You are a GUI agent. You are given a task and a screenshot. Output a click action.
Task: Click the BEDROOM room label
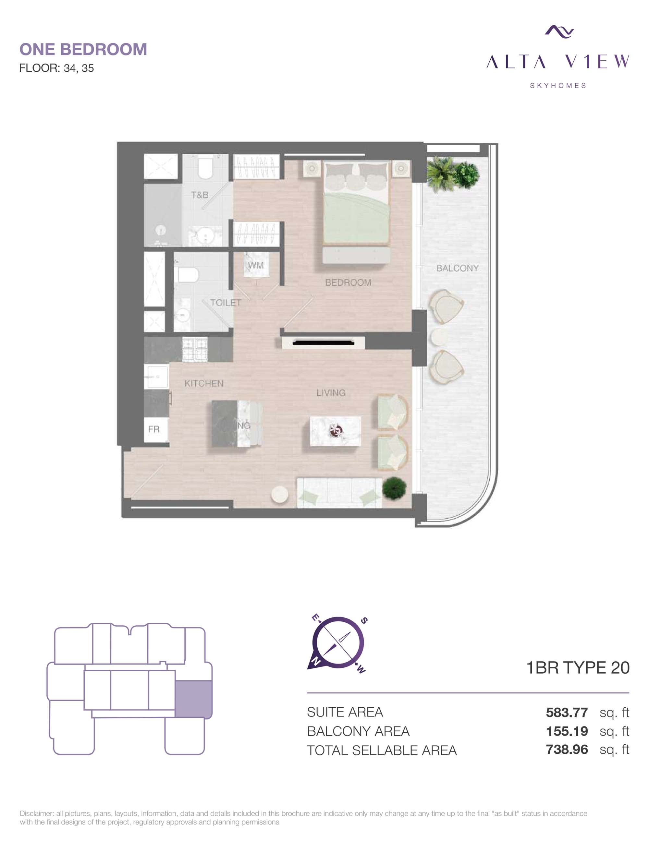click(348, 282)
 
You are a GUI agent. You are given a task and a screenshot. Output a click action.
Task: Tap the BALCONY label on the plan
click(458, 268)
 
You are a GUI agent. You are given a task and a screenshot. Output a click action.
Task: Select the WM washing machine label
click(256, 265)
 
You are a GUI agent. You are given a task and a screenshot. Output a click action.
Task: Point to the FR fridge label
click(154, 429)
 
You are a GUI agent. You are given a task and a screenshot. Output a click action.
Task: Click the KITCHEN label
click(204, 383)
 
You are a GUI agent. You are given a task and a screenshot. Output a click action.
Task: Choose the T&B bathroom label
click(200, 195)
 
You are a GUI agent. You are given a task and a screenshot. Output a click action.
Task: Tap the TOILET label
click(226, 303)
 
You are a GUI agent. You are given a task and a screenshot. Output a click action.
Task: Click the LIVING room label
click(331, 393)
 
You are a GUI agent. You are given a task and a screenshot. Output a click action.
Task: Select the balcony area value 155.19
click(567, 731)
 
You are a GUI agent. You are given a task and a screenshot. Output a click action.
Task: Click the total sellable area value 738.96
click(567, 749)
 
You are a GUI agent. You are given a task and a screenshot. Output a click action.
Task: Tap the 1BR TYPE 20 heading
click(578, 667)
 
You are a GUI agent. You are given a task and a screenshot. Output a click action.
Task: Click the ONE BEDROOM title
click(83, 49)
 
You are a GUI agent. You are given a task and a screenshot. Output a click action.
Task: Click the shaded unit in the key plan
click(193, 699)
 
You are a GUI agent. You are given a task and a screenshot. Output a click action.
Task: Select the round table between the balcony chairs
click(438, 337)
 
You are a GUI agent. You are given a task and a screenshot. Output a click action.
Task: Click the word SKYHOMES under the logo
click(558, 86)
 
